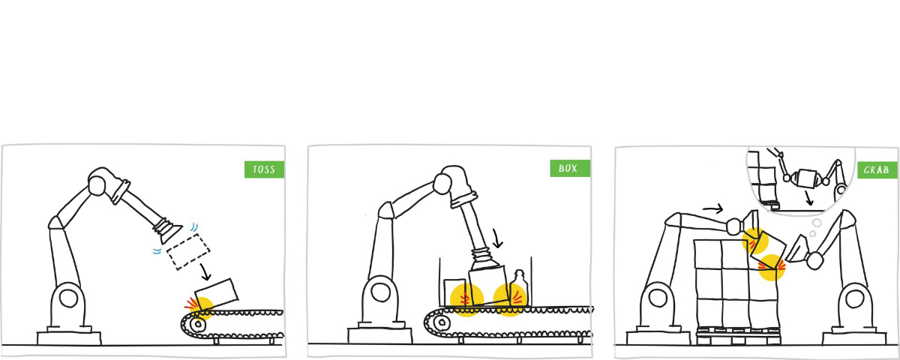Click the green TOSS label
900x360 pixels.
[x=264, y=169]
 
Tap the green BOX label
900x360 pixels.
[x=570, y=168]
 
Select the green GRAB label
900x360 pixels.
[x=877, y=170]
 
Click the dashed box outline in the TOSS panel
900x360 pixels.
[x=188, y=252]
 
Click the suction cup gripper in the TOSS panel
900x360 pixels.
[x=167, y=231]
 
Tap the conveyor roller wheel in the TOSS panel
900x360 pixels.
[x=198, y=324]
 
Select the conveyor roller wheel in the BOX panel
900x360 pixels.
[x=442, y=322]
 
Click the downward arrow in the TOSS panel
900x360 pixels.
[x=205, y=272]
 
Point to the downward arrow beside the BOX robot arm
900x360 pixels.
[x=497, y=238]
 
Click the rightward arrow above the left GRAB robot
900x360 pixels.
[x=712, y=208]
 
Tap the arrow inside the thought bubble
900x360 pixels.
[x=808, y=198]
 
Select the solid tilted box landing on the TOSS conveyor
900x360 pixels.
[x=217, y=295]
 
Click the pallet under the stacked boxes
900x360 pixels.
[x=739, y=336]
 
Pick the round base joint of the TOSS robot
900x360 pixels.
[x=68, y=299]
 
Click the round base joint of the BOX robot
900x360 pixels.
[x=380, y=292]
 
